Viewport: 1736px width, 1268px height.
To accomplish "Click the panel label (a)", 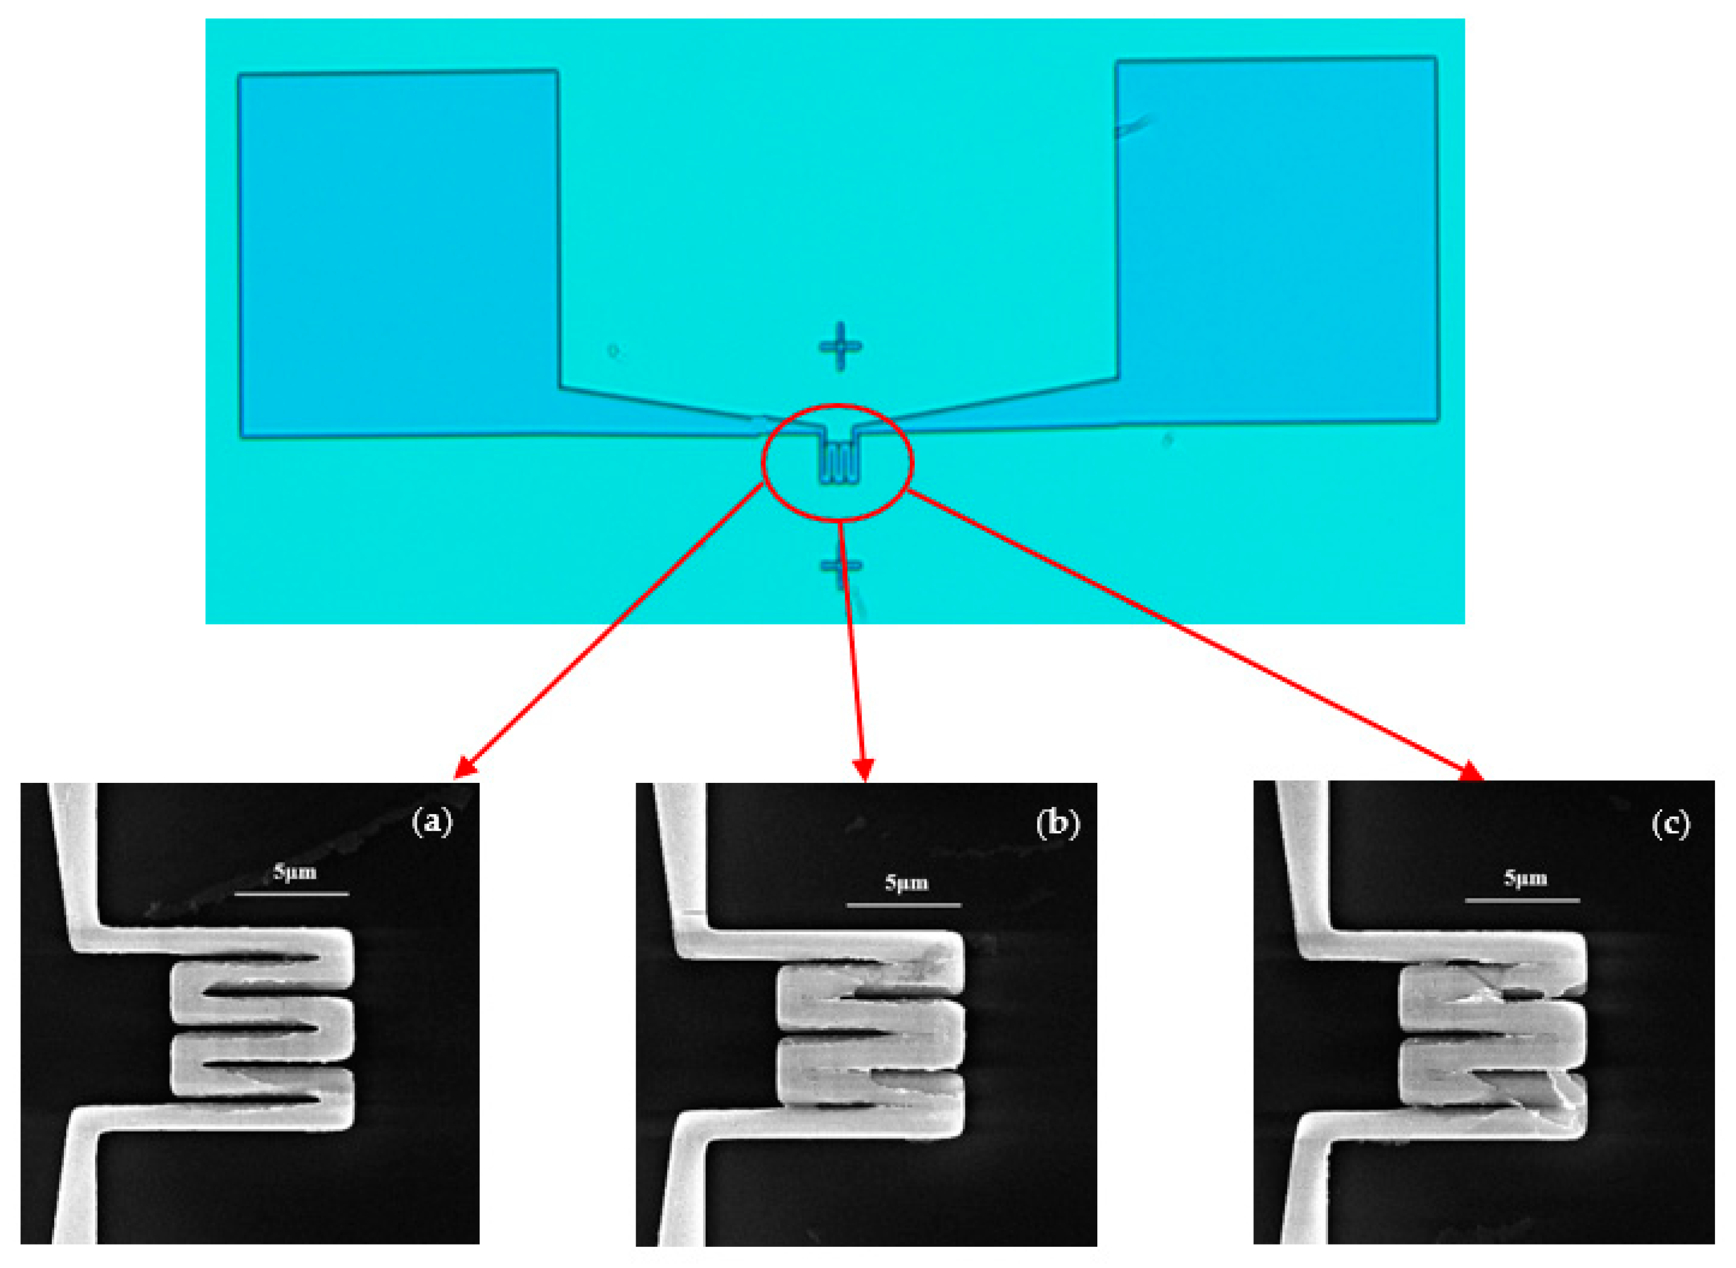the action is pyautogui.click(x=433, y=822).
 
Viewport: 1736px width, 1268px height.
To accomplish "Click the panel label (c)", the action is pyautogui.click(x=1670, y=824).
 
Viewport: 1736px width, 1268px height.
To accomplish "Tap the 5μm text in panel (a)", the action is pyautogui.click(x=295, y=872).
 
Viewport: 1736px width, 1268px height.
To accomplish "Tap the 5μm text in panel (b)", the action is pyautogui.click(x=906, y=883).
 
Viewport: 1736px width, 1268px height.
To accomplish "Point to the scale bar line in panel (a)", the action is pyautogui.click(x=292, y=893).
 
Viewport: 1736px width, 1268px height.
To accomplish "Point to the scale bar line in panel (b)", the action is pyautogui.click(x=904, y=906).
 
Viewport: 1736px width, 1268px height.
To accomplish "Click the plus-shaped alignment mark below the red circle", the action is pyautogui.click(x=842, y=567).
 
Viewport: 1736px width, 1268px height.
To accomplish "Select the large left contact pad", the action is pyautogui.click(x=399, y=253).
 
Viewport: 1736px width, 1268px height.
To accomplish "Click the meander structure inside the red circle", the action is pyautogui.click(x=838, y=459).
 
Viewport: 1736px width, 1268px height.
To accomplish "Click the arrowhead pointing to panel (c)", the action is pyautogui.click(x=1471, y=771).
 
